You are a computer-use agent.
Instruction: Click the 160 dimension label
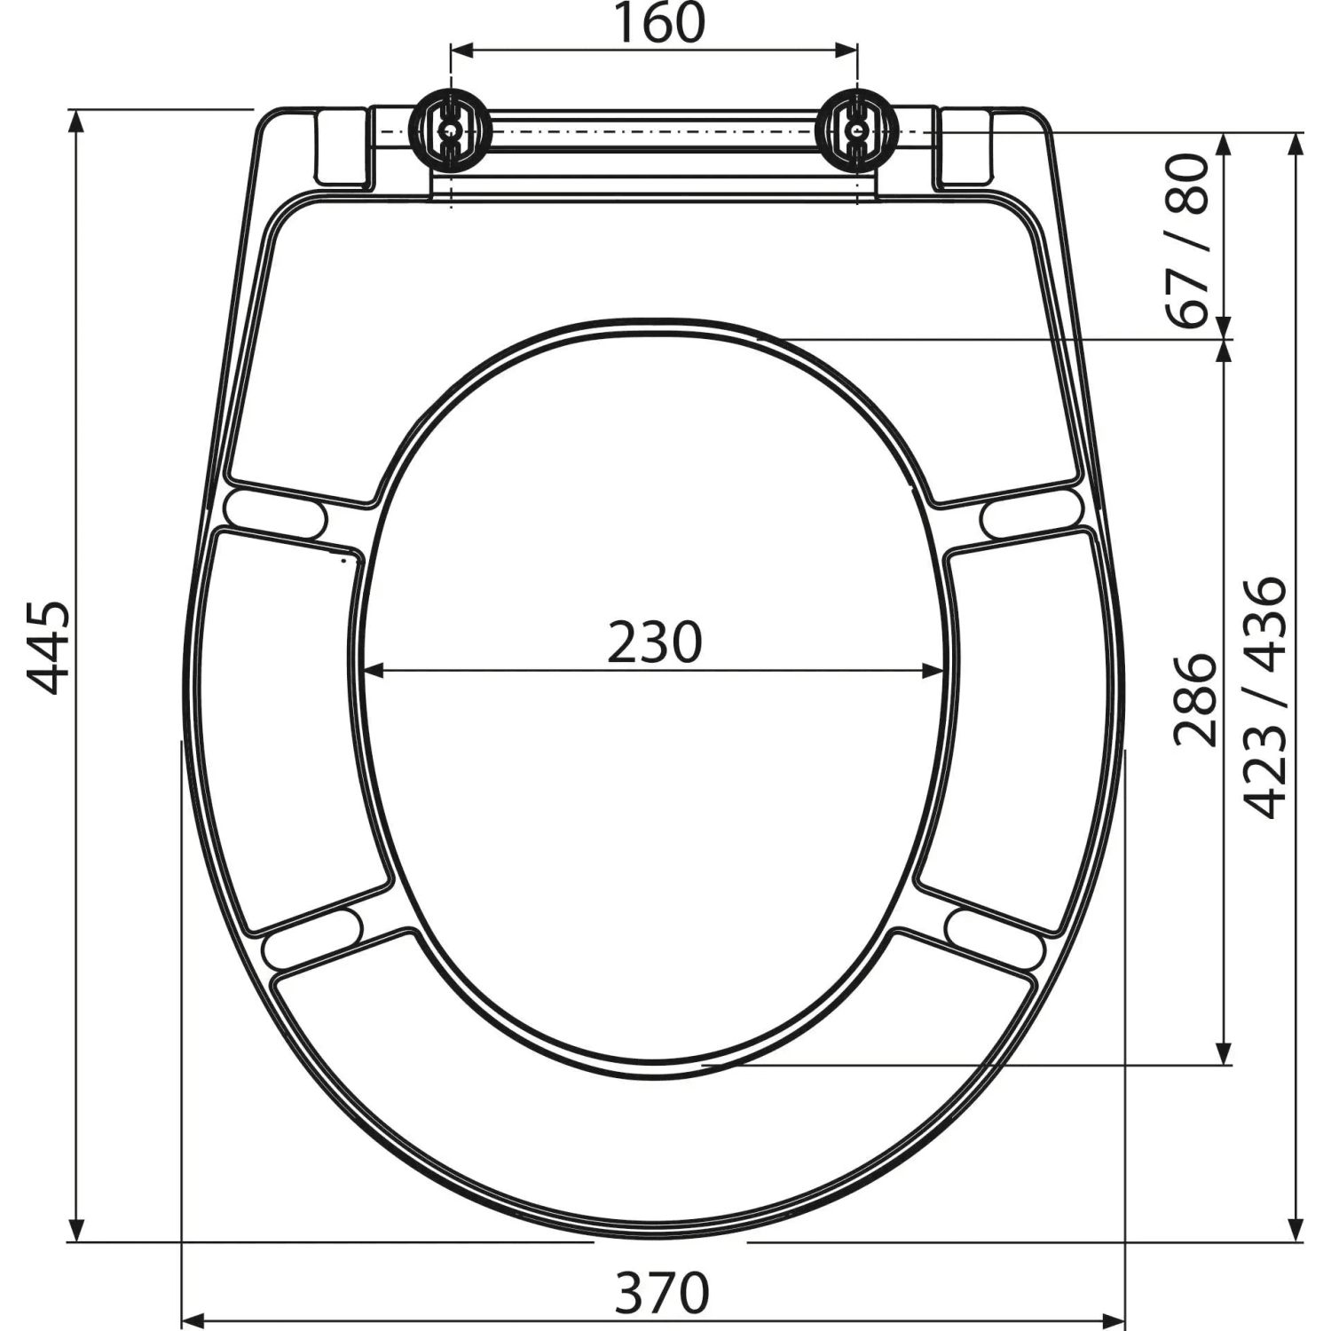659,24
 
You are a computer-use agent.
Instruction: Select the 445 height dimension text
48,648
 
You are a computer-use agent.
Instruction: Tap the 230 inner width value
655,642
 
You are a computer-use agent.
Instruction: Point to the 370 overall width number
663,1293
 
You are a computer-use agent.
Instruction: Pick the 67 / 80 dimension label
1189,240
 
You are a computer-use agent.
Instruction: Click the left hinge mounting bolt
451,130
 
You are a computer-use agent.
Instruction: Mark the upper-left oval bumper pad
276,514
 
